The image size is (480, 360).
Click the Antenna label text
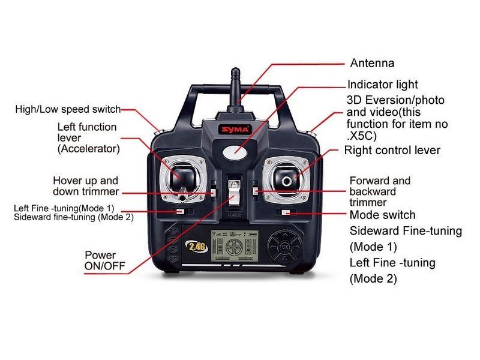pyautogui.click(x=372, y=63)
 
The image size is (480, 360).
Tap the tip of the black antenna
pyautogui.click(x=235, y=69)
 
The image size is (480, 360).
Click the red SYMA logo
pyautogui.click(x=235, y=130)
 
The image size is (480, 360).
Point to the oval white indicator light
pyautogui.click(x=235, y=152)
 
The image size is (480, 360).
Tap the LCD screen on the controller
pyautogui.click(x=235, y=246)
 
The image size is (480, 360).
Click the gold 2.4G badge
pyautogui.click(x=197, y=247)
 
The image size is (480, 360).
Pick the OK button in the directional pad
pyautogui.click(x=284, y=247)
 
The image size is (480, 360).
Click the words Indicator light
pyautogui.click(x=383, y=85)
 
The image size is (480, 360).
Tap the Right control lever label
pyautogui.click(x=392, y=151)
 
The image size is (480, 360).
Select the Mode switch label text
pyautogui.click(x=382, y=215)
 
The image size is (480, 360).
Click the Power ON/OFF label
pyautogui.click(x=104, y=260)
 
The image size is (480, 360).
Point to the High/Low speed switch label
pyautogui.click(x=68, y=110)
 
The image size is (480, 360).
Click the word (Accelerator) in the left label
pyautogui.click(x=88, y=149)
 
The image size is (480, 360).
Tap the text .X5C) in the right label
pyautogui.click(x=362, y=136)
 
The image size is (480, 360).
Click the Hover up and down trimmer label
pyautogui.click(x=86, y=186)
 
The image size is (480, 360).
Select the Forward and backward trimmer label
pyautogui.click(x=380, y=191)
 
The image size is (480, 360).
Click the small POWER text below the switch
pyautogui.click(x=234, y=215)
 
